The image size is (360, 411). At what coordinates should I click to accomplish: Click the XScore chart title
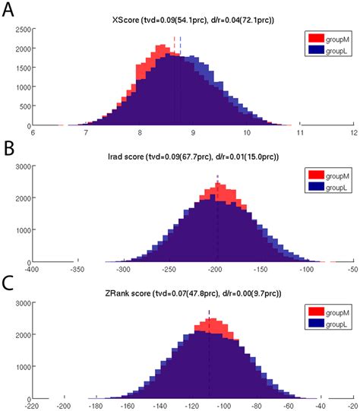(x=193, y=17)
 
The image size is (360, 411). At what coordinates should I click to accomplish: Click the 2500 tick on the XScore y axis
(x=21, y=29)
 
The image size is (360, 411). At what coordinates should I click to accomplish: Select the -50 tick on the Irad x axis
(x=352, y=268)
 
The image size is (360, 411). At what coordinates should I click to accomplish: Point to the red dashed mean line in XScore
(x=174, y=46)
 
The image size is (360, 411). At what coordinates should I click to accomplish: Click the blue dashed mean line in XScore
(x=181, y=46)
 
